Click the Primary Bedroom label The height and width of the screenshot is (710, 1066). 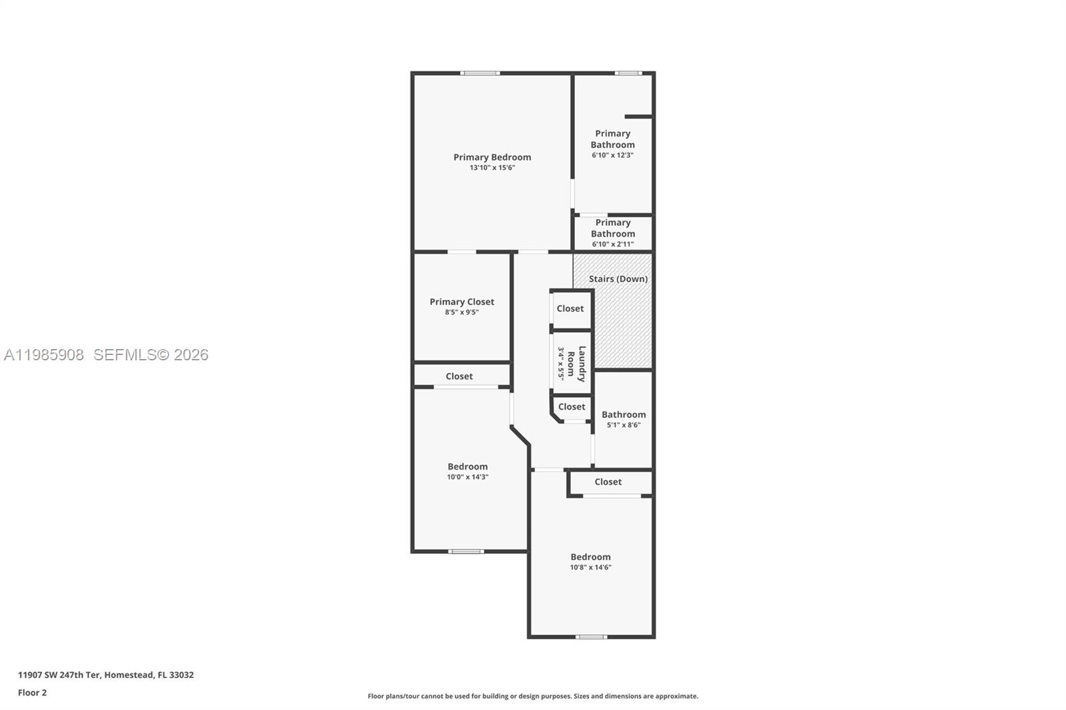492,157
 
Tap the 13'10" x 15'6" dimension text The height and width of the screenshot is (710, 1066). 492,168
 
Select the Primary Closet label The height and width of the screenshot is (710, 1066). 462,302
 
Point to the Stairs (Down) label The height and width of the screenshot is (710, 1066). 618,279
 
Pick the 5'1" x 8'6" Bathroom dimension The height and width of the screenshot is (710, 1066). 624,425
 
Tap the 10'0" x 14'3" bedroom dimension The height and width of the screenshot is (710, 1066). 468,477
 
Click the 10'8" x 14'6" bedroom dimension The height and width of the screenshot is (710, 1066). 590,567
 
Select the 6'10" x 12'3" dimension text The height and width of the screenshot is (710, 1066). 612,155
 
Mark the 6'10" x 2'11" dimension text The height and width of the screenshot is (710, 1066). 612,244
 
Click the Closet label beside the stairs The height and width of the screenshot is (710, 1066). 570,308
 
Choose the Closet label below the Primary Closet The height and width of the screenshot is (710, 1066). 459,376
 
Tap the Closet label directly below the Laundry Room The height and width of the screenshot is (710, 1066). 572,407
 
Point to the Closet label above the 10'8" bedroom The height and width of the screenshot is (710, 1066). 608,482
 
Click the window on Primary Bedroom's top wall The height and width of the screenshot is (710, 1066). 480,73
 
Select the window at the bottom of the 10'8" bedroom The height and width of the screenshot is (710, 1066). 591,637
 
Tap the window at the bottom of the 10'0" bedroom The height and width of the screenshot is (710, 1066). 466,551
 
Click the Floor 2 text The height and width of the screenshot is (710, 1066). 32,693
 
